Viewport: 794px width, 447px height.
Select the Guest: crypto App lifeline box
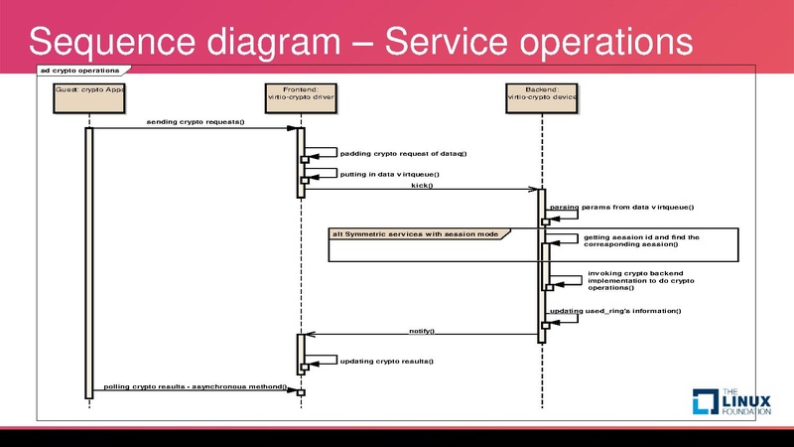click(x=89, y=95)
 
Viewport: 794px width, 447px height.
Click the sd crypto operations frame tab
click(x=79, y=71)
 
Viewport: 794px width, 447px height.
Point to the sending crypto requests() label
click(x=195, y=122)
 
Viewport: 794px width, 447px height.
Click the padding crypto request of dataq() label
click(x=403, y=153)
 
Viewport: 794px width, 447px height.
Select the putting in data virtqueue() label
click(x=389, y=174)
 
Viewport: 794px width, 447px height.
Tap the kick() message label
click(x=422, y=185)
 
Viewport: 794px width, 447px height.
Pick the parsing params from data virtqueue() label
click(x=621, y=207)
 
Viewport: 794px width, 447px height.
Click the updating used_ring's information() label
click(x=615, y=311)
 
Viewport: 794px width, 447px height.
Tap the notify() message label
click(x=422, y=330)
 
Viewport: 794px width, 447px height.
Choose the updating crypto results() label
click(x=387, y=361)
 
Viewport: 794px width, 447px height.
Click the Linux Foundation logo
click(x=730, y=398)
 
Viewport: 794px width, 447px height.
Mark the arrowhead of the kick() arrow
click(x=535, y=190)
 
